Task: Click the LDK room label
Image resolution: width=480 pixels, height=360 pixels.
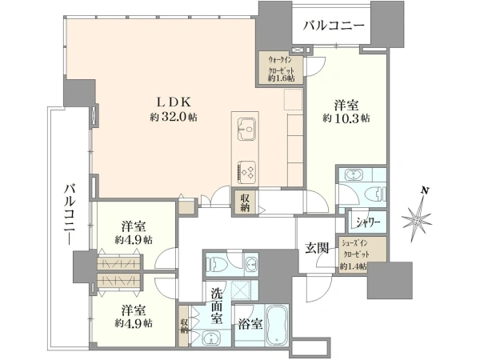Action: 174,102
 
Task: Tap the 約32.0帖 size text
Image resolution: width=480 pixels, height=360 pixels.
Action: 174,118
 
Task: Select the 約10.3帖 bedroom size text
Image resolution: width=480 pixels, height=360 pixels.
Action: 346,118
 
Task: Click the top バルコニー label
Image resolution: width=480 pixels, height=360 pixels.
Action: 334,26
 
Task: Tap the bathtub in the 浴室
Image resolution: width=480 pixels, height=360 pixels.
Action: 277,325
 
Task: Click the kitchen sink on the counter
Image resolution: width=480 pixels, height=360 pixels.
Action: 246,129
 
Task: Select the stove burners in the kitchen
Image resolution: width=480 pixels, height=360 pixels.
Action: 246,172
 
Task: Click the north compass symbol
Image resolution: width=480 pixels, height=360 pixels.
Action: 417,219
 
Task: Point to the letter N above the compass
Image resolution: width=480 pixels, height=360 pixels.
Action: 424,190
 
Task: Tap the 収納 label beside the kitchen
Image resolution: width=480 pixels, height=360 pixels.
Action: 245,203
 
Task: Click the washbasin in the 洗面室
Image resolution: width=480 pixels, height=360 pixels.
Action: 211,339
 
